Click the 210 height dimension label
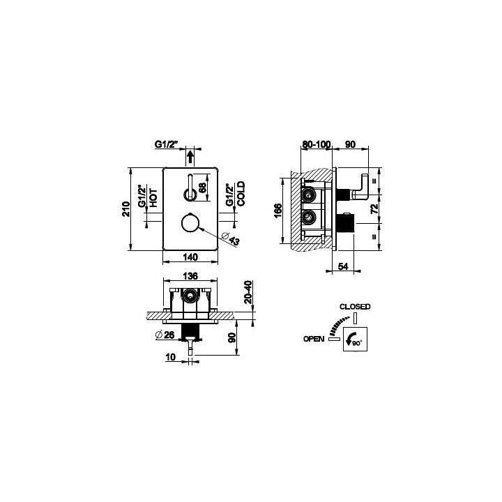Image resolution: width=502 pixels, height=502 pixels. (x=126, y=209)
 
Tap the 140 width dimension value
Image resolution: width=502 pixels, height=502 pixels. (x=190, y=257)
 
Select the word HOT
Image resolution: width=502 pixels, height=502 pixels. (x=153, y=198)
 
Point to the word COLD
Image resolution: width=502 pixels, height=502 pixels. (x=241, y=194)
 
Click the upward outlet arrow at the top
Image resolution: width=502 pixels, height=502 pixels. (x=190, y=158)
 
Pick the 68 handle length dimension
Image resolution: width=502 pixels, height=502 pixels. (x=202, y=187)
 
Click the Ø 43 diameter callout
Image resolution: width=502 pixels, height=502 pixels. (x=231, y=238)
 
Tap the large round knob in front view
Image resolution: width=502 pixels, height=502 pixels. (x=190, y=223)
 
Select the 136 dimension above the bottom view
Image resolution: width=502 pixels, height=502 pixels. (x=190, y=275)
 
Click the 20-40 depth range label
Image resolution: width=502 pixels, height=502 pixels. (x=248, y=292)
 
